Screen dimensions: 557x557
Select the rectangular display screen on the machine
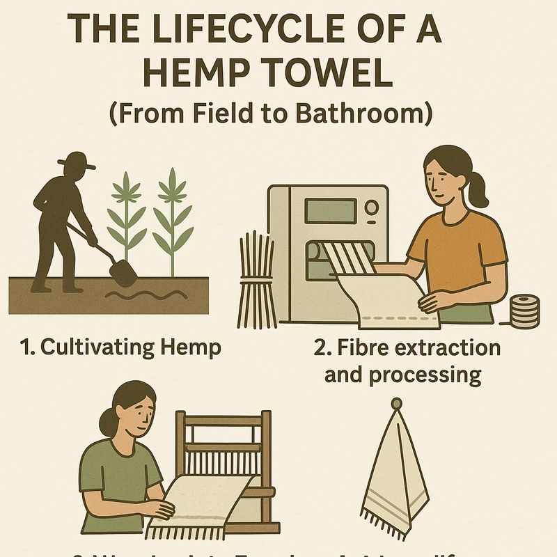coord(327,210)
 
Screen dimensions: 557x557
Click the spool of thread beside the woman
coord(524,311)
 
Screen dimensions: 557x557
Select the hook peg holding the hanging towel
coord(396,404)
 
